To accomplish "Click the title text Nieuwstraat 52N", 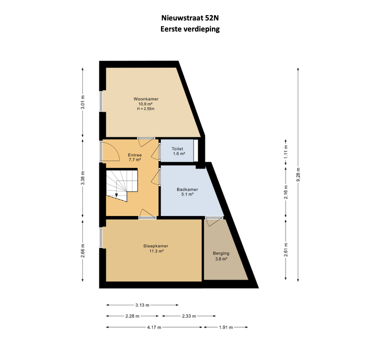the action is click(190, 18).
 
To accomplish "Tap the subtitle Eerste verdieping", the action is click(190, 29).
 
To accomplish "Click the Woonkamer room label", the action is click(146, 99).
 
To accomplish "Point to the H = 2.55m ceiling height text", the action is click(146, 109).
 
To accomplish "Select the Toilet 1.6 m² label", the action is click(178, 151).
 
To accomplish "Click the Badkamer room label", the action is click(187, 189).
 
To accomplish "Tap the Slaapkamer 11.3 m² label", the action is click(156, 248).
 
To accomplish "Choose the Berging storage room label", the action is click(221, 253).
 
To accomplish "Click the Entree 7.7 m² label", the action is click(135, 157).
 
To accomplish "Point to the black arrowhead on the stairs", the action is click(116, 195).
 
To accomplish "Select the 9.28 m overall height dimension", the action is click(298, 174).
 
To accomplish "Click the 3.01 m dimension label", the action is click(83, 103).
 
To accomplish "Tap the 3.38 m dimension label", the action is click(83, 178).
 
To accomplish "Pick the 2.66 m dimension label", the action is click(83, 251).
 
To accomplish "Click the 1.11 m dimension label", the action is click(286, 152).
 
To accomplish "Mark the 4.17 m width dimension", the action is click(154, 327).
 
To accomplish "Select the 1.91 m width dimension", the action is click(226, 327).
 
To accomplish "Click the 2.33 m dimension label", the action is click(189, 316).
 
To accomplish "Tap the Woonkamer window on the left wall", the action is click(101, 101).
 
